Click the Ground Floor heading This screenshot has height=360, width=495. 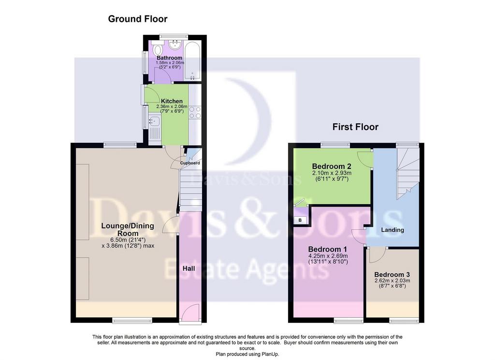[x=138, y=19]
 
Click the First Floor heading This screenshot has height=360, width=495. [x=355, y=127]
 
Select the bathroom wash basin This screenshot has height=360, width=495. [x=175, y=45]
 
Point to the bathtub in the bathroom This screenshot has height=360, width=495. [x=192, y=60]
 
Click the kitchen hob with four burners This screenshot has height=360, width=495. [x=195, y=112]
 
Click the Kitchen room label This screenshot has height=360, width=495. [x=172, y=101]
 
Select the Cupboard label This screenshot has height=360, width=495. [x=190, y=163]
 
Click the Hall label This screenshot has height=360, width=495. [x=189, y=269]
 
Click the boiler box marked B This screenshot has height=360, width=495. [x=300, y=220]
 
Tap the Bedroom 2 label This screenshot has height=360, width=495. [x=332, y=166]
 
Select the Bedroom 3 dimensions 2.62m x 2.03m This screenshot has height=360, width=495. [x=392, y=281]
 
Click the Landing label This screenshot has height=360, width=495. [x=393, y=230]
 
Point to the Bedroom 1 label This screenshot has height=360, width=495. [x=327, y=249]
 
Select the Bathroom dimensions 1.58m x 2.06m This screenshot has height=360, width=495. [x=170, y=63]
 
